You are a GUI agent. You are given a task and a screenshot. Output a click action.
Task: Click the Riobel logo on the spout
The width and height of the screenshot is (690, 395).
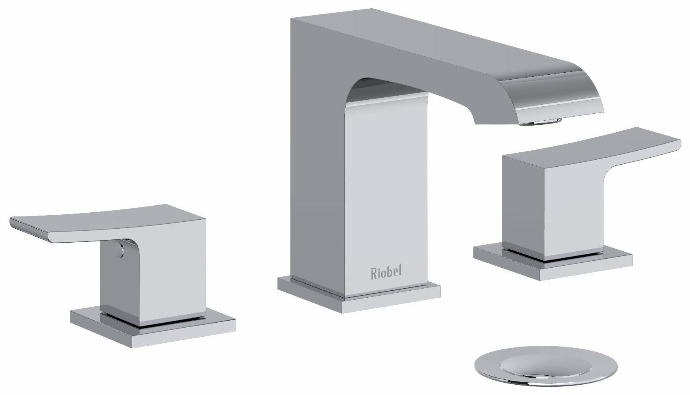[x=386, y=272]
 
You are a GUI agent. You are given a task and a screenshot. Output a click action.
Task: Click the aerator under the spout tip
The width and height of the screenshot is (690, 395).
[x=541, y=122]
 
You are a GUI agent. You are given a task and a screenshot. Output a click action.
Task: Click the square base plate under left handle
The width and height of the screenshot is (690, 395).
[x=153, y=328]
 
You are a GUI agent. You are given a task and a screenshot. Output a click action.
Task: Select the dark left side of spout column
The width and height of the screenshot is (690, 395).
[x=316, y=164]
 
